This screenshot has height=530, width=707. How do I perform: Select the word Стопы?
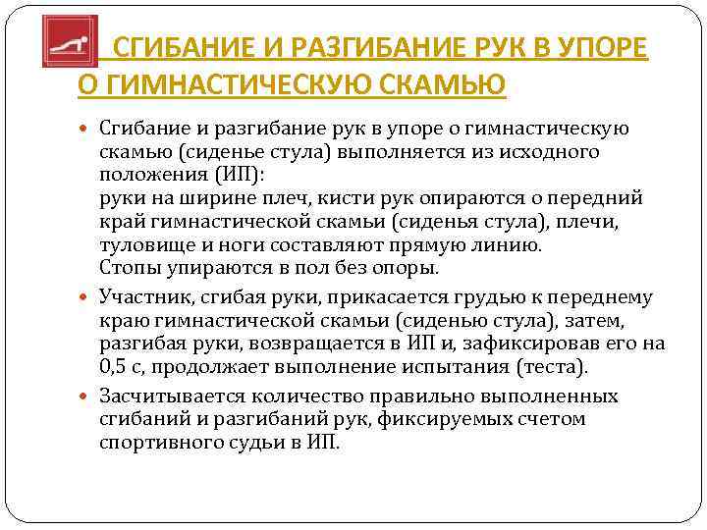coord(126,267)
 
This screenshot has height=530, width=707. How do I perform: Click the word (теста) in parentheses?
coord(553,368)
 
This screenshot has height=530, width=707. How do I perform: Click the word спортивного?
coord(156,441)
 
